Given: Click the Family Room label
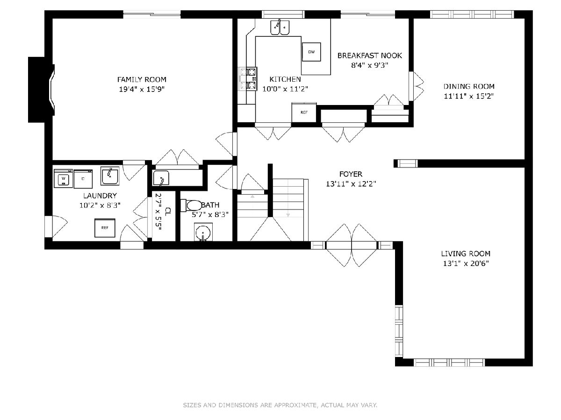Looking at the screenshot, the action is (142, 79).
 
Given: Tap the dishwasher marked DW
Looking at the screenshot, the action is (311, 52).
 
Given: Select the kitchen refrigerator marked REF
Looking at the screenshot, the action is (304, 112).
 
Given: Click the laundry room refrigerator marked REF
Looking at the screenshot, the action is (105, 228).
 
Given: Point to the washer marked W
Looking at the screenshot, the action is (64, 178).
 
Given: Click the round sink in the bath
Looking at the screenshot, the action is (203, 232).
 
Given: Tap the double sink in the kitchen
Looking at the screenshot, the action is (280, 27).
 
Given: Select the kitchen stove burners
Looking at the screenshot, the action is (248, 79).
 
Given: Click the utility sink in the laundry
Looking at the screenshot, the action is (110, 176).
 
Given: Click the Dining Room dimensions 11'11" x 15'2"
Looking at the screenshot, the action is (469, 96).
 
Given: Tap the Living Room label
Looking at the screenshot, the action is (466, 253).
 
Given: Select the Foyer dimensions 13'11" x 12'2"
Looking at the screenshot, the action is (351, 184).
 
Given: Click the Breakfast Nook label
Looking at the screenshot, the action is (370, 56).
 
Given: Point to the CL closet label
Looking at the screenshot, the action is (168, 212).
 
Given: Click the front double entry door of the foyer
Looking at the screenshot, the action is (352, 245).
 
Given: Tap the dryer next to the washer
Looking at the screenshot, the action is (83, 179).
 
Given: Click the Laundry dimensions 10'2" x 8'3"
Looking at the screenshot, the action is (100, 205).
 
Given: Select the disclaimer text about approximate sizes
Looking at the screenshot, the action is (280, 405).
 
